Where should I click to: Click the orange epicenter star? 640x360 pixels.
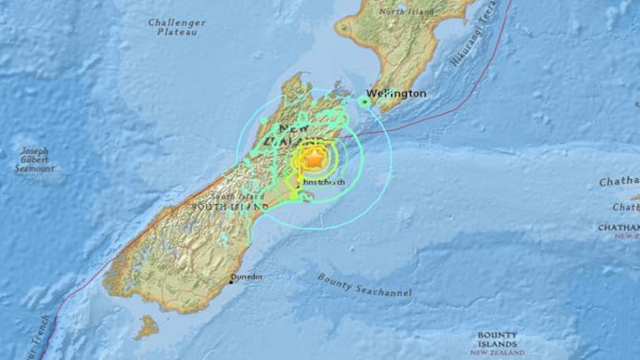tap(314, 159)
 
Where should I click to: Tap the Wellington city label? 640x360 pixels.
tap(396, 94)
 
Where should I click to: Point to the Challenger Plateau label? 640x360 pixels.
tap(177, 26)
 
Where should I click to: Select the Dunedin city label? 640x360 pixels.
tap(246, 276)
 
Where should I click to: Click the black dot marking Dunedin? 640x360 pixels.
tap(230, 281)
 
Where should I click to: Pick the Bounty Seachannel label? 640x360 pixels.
tap(364, 285)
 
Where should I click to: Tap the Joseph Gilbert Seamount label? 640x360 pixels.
tap(36, 160)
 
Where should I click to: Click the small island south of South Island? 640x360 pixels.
tap(146, 327)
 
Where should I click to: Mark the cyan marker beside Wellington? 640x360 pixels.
tap(365, 100)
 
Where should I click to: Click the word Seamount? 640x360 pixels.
tap(36, 170)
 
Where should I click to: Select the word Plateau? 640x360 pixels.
tap(177, 32)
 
